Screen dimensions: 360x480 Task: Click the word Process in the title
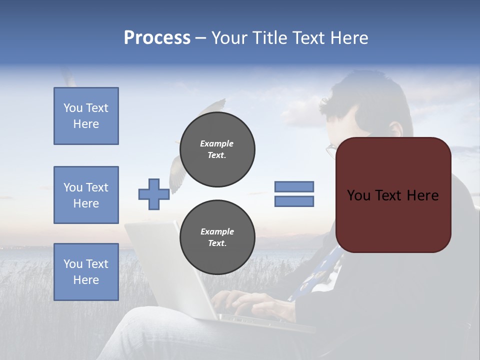click(x=157, y=38)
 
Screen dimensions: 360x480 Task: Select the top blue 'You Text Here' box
click(x=86, y=116)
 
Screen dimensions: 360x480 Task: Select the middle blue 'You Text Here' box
click(x=86, y=195)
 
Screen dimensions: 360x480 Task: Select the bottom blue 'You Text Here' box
click(x=86, y=272)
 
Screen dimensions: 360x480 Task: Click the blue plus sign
click(x=154, y=194)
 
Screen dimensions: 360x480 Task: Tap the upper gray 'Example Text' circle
click(x=217, y=149)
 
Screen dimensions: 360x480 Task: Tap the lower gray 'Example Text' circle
click(x=217, y=237)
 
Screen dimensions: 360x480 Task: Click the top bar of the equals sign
click(x=294, y=186)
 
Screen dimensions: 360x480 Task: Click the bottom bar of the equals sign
click(x=294, y=201)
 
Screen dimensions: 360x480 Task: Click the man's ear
click(x=395, y=129)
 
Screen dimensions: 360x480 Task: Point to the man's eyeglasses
click(x=331, y=150)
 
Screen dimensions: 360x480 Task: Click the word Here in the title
click(x=348, y=38)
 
